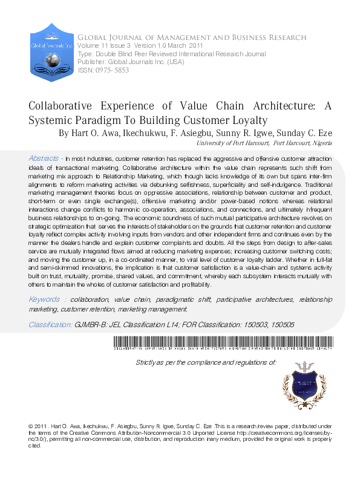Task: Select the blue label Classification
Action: tap(50, 325)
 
